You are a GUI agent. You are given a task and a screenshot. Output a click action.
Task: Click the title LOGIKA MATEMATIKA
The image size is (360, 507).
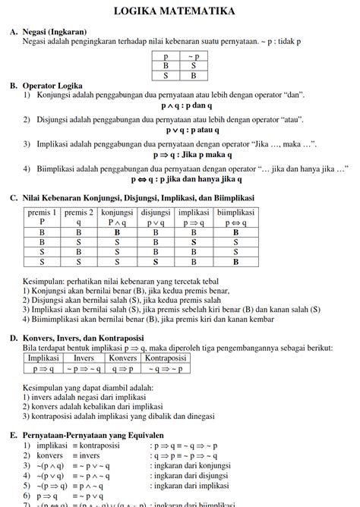click(179, 11)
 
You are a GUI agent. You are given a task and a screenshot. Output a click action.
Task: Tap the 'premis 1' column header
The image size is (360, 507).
click(42, 218)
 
